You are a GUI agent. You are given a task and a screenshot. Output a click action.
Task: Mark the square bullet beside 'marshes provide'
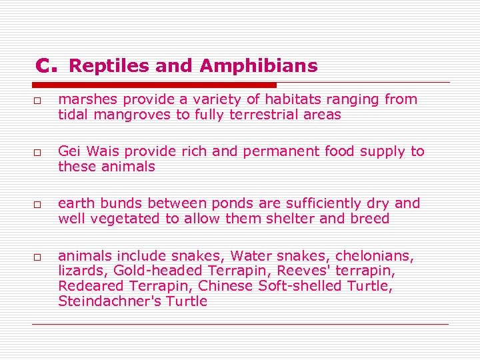pos(38,101)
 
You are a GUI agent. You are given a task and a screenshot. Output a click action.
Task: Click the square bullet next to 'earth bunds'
pos(38,205)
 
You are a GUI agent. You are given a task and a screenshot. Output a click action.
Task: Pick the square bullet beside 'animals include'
pos(38,257)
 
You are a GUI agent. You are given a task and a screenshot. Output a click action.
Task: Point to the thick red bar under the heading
pos(154,85)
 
